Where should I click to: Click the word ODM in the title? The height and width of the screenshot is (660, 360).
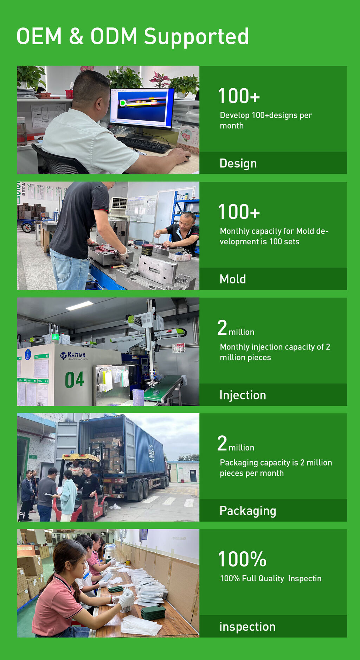(114, 36)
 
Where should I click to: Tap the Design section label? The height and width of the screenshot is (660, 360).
(238, 164)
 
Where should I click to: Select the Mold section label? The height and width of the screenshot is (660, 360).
(233, 279)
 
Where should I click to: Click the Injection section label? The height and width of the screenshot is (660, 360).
(243, 395)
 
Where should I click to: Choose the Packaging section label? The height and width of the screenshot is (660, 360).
(248, 511)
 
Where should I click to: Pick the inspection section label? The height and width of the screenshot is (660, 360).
(247, 627)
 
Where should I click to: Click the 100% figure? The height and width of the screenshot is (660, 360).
(242, 559)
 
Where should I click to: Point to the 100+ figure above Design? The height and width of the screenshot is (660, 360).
(239, 96)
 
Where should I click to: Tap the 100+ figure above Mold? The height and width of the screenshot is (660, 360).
(239, 212)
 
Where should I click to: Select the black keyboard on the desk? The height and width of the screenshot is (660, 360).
(143, 145)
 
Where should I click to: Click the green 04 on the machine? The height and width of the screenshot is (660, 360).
(75, 380)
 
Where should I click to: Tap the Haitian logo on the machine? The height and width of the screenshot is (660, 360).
(73, 356)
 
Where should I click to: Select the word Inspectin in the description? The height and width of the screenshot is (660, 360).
(305, 579)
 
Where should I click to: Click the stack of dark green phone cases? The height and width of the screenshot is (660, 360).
(153, 612)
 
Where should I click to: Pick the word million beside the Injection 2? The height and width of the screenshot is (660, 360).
(242, 332)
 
